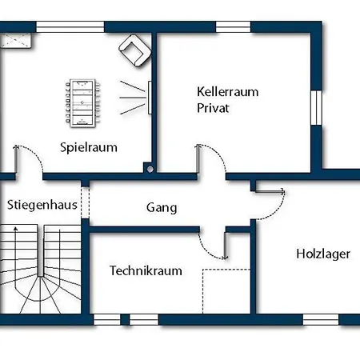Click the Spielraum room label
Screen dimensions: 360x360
click(89, 147)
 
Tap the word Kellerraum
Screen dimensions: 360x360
click(228, 92)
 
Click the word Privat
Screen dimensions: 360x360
click(213, 108)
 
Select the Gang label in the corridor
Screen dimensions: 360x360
click(162, 208)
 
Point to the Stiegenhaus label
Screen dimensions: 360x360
click(42, 205)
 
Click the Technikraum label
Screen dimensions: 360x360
click(146, 270)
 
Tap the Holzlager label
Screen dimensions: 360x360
click(323, 254)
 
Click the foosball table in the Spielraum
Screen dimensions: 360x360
click(82, 103)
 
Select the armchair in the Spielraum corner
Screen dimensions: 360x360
click(135, 50)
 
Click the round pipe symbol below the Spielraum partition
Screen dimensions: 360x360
click(150, 169)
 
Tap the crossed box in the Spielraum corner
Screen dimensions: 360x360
click(16, 40)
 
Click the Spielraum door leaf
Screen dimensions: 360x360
click(16, 159)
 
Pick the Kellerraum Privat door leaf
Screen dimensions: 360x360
click(198, 159)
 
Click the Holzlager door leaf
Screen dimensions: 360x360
click(270, 191)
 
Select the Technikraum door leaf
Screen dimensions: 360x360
click(226, 246)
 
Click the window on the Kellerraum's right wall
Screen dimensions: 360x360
click(316, 107)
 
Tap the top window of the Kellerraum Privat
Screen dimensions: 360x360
click(233, 27)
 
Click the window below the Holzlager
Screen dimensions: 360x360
click(321, 319)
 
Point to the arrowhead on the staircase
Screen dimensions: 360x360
click(16, 228)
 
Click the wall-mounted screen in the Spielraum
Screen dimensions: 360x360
click(150, 98)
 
